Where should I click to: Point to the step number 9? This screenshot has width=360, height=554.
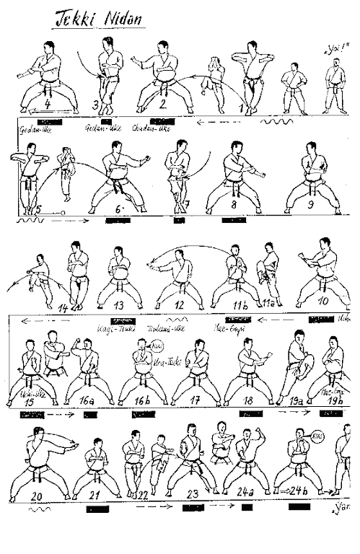(311, 205)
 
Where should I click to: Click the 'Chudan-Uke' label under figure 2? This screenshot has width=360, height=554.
(149, 131)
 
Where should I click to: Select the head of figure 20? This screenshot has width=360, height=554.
(38, 434)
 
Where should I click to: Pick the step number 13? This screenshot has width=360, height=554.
(120, 305)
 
